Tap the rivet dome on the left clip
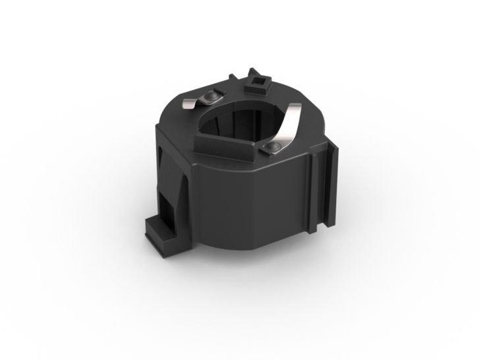point(210,96)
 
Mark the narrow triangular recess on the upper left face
point(164,156)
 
